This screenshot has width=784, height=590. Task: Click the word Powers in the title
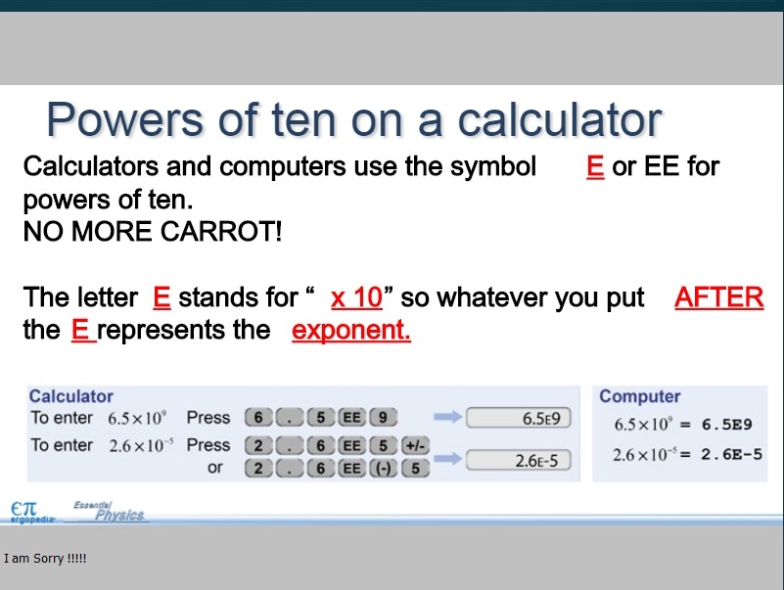[125, 120]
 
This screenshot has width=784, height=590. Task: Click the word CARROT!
[221, 232]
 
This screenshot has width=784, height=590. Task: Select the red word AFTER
[719, 297]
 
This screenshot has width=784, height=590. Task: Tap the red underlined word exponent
[351, 330]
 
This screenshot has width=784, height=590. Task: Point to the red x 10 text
[356, 297]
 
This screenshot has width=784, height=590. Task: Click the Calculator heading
[71, 396]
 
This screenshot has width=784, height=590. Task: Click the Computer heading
[640, 396]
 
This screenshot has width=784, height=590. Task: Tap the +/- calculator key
[415, 445]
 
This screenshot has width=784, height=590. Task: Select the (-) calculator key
[383, 469]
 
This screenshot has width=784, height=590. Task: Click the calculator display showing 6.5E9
[519, 418]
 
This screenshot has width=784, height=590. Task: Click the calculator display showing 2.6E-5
[519, 460]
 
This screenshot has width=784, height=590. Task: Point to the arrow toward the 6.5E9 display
[447, 417]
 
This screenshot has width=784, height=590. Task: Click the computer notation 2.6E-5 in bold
[731, 455]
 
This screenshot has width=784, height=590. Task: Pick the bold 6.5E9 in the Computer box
[726, 425]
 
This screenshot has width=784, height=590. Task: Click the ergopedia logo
[32, 513]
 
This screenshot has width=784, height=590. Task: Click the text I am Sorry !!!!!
[45, 558]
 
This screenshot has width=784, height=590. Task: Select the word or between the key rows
[215, 468]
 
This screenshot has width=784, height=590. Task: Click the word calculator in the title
[560, 120]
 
